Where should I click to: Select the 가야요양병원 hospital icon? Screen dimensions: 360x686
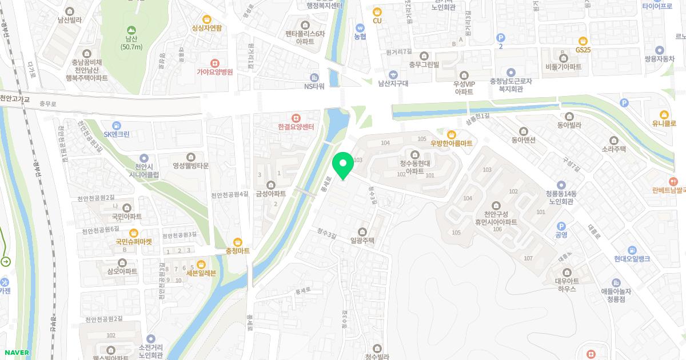tap(214, 63)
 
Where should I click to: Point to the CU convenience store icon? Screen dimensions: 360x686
tap(377, 11)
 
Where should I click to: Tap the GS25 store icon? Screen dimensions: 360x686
tap(583, 41)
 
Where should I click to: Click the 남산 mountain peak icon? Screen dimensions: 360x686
tap(131, 30)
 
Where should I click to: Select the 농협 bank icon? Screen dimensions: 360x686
tap(360, 27)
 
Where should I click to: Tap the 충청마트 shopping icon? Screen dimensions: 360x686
tap(237, 241)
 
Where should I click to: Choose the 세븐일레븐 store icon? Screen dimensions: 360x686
tap(201, 264)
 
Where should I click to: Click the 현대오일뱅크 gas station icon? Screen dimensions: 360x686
tap(632, 250)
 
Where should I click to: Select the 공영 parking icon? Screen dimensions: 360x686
tap(561, 226)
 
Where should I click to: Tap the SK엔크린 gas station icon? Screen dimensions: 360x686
tap(117, 125)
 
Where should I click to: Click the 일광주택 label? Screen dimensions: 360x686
tap(361, 241)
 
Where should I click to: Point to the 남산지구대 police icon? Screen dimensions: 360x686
tap(393, 74)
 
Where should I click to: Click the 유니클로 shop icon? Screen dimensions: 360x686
tap(664, 114)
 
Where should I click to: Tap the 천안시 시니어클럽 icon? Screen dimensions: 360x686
tap(143, 158)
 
